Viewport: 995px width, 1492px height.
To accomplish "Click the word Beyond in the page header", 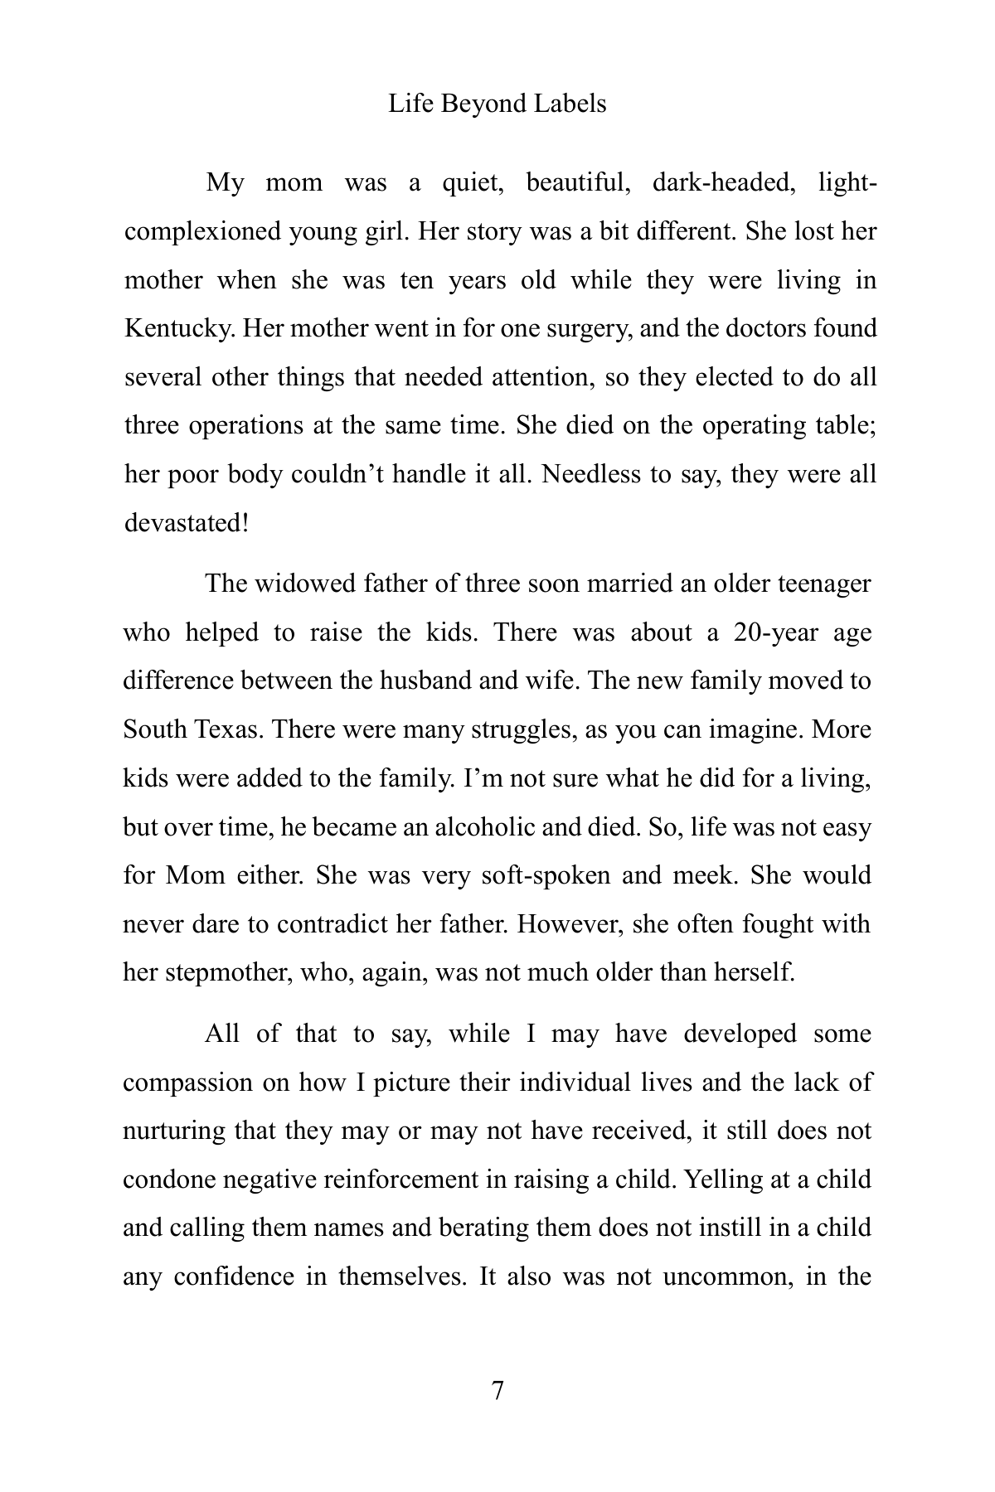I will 480,104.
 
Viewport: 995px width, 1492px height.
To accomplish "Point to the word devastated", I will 183,523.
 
